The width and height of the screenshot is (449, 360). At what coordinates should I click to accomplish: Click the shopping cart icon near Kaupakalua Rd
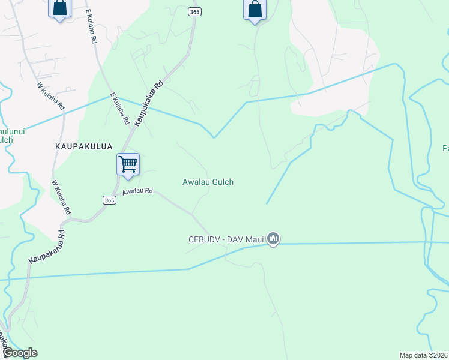(x=128, y=164)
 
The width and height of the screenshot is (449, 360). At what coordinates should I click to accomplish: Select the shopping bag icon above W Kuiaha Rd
(x=59, y=8)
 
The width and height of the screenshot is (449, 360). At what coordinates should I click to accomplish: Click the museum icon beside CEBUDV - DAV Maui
(x=273, y=239)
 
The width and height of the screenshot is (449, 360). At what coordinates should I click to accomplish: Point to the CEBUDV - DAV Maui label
(x=225, y=240)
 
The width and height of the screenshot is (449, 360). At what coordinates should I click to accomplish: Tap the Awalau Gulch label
(x=208, y=182)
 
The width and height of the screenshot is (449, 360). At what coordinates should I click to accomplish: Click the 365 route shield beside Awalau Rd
(x=109, y=200)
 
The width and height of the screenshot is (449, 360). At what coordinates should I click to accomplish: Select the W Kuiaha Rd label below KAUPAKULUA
(x=62, y=198)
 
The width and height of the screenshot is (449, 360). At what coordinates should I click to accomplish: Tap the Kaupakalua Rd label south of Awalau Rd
(x=45, y=247)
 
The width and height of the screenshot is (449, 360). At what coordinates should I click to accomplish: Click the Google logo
(x=19, y=353)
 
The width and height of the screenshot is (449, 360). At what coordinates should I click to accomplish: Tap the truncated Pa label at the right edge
(x=445, y=148)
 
